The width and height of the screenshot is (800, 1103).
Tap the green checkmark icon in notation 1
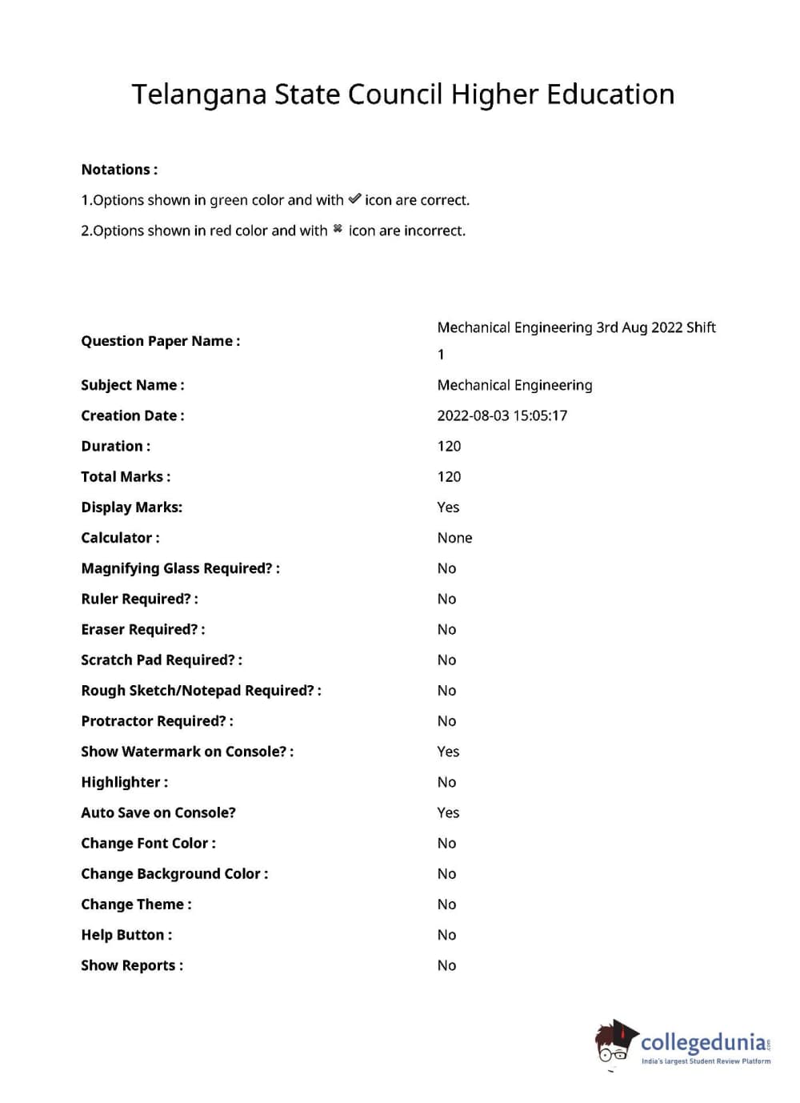(354, 199)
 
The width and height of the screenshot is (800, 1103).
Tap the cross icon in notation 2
(338, 230)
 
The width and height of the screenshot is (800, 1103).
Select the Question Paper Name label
(160, 341)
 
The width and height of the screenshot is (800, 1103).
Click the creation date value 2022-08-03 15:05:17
(502, 415)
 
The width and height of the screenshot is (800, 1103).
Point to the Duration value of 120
(449, 446)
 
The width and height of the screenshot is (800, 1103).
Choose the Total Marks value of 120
(449, 476)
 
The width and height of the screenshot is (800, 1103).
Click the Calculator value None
(454, 538)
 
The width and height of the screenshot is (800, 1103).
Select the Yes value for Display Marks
(448, 507)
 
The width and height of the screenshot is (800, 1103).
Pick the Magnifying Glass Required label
(180, 568)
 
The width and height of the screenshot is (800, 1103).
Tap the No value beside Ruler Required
(446, 599)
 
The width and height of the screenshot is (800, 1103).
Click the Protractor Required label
(157, 721)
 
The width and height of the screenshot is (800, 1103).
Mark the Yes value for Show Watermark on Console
(448, 752)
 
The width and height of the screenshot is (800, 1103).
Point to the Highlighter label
(124, 782)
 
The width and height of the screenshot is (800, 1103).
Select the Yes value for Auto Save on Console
(448, 812)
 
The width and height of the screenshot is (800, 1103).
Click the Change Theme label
(136, 904)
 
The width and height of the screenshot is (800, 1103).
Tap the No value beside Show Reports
(446, 965)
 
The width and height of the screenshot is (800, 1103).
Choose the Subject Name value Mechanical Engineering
(514, 385)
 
